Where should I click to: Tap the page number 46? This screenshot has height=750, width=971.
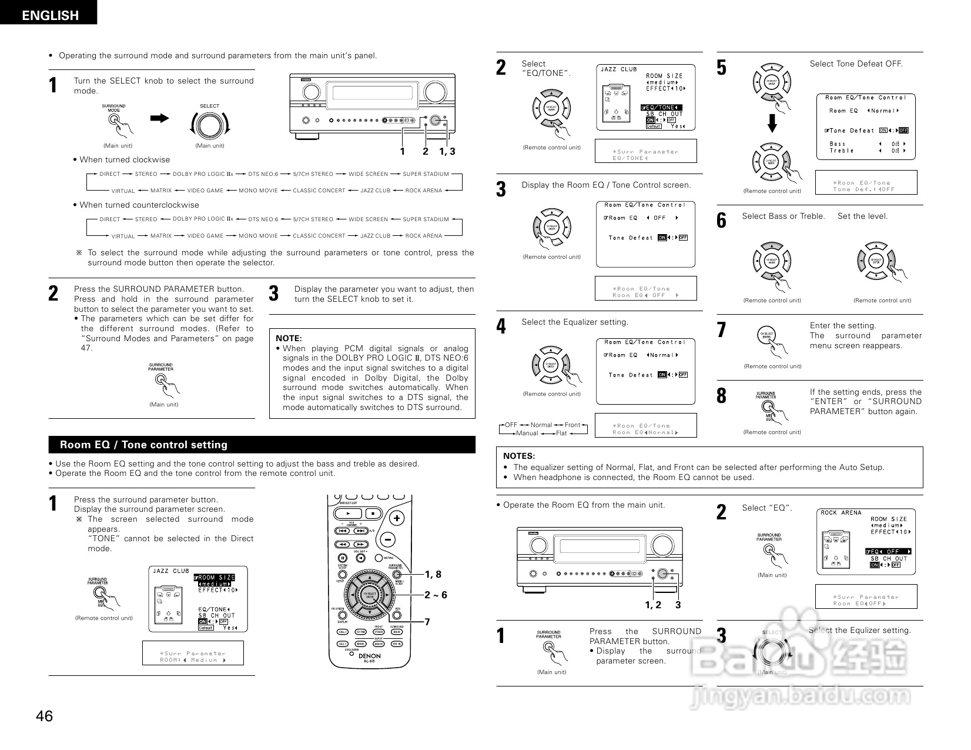pyautogui.click(x=44, y=716)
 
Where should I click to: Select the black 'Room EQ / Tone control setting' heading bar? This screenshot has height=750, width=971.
pyautogui.click(x=262, y=445)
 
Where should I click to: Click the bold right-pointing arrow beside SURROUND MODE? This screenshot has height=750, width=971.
pyautogui.click(x=159, y=118)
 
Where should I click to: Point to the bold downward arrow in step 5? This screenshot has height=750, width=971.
pyautogui.click(x=774, y=124)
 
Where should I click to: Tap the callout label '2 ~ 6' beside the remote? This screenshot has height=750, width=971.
pyautogui.click(x=436, y=595)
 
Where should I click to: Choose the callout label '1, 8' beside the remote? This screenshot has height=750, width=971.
pyautogui.click(x=433, y=574)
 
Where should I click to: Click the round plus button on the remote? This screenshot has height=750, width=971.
pyautogui.click(x=397, y=518)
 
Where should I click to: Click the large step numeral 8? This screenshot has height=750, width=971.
pyautogui.click(x=722, y=396)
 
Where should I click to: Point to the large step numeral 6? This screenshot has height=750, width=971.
pyautogui.click(x=722, y=220)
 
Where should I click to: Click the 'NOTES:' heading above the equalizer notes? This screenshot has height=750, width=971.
pyautogui.click(x=519, y=456)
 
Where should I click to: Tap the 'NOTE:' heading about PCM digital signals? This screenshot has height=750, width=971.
pyautogui.click(x=289, y=338)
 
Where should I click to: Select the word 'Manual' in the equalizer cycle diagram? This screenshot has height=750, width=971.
pyautogui.click(x=527, y=434)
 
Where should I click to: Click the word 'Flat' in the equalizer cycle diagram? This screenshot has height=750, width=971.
pyautogui.click(x=561, y=434)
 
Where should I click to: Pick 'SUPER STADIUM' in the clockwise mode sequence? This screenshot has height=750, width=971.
pyautogui.click(x=426, y=174)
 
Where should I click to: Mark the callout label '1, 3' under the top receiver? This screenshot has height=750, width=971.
pyautogui.click(x=447, y=152)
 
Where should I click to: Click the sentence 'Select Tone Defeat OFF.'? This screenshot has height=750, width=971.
pyautogui.click(x=856, y=64)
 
